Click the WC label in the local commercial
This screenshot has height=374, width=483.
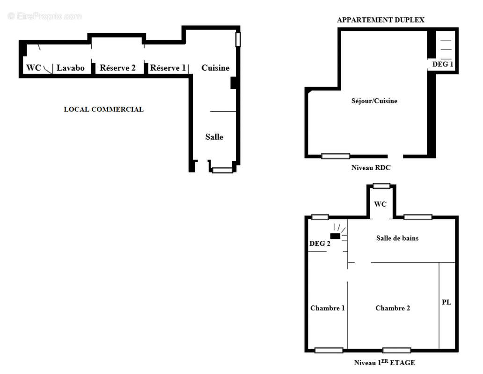click(34, 68)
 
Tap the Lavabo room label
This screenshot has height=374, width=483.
click(71, 68)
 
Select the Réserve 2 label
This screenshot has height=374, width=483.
click(117, 68)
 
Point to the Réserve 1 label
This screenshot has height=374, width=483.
click(168, 68)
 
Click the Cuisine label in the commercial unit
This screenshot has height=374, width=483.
click(215, 68)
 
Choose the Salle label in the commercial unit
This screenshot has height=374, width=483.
click(214, 137)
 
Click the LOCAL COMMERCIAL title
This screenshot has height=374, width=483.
click(103, 109)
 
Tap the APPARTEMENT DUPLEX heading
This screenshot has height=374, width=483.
click(381, 20)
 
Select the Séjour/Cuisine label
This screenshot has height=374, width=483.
click(374, 101)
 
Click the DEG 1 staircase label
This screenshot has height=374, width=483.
click(442, 65)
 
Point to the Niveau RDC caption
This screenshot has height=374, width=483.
click(371, 168)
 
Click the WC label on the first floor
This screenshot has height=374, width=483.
click(380, 204)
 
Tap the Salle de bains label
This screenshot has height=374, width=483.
click(397, 238)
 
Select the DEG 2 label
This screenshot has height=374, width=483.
click(320, 244)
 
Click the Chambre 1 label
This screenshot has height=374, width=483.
click(327, 308)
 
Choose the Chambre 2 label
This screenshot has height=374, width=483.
click(393, 308)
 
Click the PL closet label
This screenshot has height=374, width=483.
click(446, 302)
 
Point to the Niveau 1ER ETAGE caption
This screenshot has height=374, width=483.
click(384, 362)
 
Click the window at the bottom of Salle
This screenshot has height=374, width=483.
click(222, 171)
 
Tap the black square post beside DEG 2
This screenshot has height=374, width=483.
click(335, 236)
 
